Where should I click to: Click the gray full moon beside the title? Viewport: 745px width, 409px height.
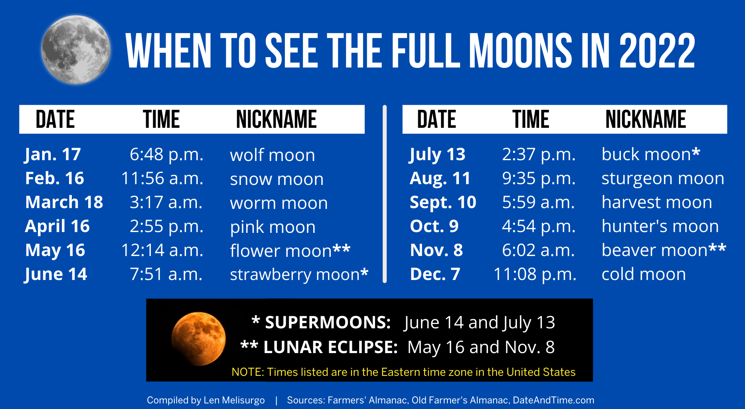pyautogui.click(x=76, y=50)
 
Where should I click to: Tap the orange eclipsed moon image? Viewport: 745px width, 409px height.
pyautogui.click(x=198, y=339)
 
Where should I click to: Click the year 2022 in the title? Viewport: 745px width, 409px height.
pyautogui.click(x=657, y=51)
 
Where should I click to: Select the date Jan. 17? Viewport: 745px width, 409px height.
pyautogui.click(x=53, y=155)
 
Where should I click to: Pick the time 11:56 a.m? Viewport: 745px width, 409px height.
pyautogui.click(x=162, y=179)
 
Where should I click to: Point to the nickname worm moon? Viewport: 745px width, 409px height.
pyautogui.click(x=279, y=203)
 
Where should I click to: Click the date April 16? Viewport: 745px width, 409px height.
pyautogui.click(x=57, y=226)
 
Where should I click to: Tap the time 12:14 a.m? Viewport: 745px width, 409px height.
pyautogui.click(x=162, y=250)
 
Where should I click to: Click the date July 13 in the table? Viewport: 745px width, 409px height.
pyautogui.click(x=437, y=155)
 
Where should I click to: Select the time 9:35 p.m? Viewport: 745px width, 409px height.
pyautogui.click(x=539, y=179)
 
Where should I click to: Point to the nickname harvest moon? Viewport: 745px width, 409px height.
pyautogui.click(x=656, y=203)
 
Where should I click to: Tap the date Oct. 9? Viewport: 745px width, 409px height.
pyautogui.click(x=434, y=226)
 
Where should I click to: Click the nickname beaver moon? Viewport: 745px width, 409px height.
pyautogui.click(x=654, y=250)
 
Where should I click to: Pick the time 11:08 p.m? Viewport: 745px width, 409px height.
pyautogui.click(x=535, y=274)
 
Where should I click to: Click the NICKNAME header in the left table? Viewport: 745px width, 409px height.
pyautogui.click(x=276, y=119)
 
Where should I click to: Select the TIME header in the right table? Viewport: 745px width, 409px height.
pyautogui.click(x=531, y=119)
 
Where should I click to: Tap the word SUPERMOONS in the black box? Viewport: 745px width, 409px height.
pyautogui.click(x=328, y=322)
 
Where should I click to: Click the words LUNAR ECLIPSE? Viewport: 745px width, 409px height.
pyautogui.click(x=330, y=347)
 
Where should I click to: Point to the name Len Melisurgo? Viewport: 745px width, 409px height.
pyautogui.click(x=234, y=400)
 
